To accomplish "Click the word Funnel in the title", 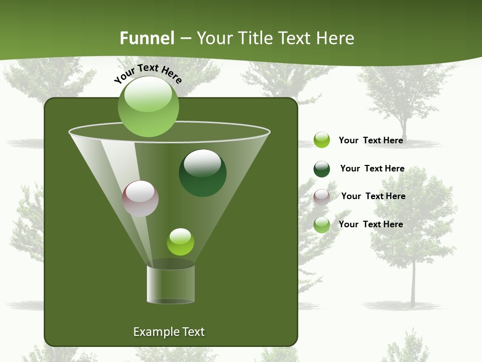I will [147, 38].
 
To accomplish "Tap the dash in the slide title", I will [185, 38].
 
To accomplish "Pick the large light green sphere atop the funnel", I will [148, 106].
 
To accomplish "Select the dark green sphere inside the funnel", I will [202, 173].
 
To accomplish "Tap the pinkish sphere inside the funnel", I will [140, 199].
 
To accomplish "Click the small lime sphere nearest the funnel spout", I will [180, 242].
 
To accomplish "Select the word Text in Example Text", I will [194, 332].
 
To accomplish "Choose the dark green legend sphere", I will [321, 169].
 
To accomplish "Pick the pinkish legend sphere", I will [321, 197].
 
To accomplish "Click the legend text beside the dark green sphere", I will [372, 168].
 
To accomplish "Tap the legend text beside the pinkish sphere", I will [373, 196].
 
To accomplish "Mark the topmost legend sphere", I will [321, 140].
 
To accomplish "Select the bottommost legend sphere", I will [321, 225].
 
